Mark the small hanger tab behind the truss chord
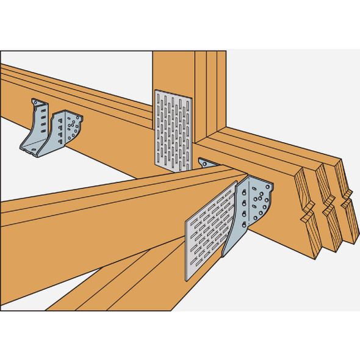pos(206,163)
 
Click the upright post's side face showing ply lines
pos(211,92)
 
